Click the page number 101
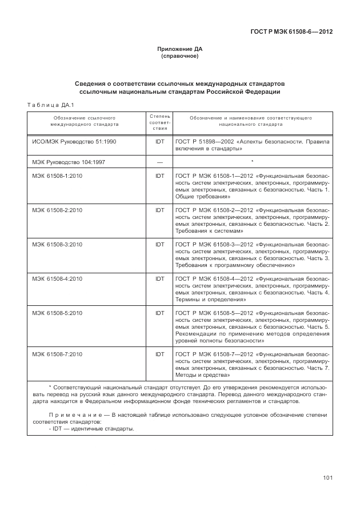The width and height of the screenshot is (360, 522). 327,478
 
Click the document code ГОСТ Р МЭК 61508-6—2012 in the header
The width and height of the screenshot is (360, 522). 291,31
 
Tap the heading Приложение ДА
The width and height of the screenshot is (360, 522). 179,49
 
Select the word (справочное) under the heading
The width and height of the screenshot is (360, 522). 179,57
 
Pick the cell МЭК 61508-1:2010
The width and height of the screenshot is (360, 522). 57,176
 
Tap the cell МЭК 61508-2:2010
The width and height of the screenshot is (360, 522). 57,210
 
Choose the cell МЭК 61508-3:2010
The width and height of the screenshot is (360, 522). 57,245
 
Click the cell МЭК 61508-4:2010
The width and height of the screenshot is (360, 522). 57,279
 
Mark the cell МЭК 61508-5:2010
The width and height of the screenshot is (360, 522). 57,313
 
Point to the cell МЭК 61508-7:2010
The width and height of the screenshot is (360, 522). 57,354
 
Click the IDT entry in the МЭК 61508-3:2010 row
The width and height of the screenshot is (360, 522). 160,245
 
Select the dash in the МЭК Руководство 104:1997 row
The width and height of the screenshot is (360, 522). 160,162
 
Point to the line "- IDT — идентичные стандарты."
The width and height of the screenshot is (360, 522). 92,429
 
